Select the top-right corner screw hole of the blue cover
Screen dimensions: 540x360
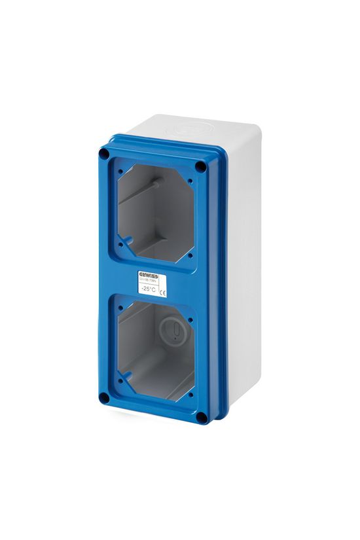200,167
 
